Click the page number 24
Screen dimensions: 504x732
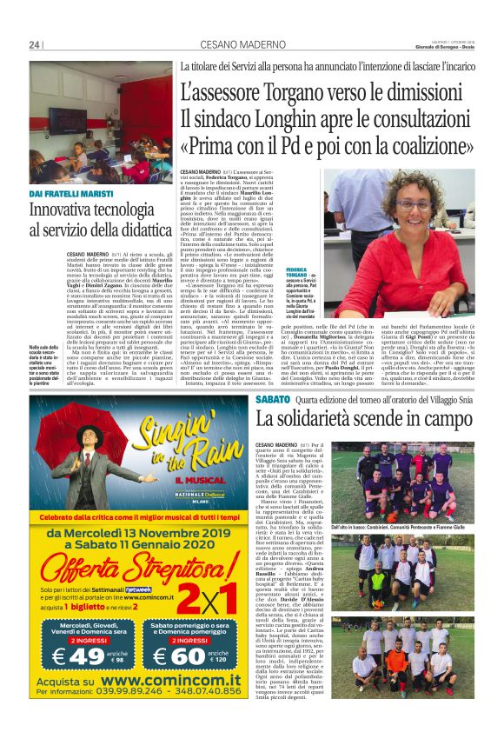(x=35, y=45)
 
